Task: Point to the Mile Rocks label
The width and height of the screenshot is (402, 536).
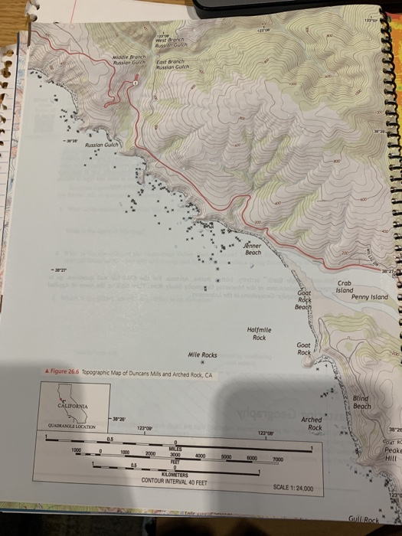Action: tap(203, 355)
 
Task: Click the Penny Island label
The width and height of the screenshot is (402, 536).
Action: tap(370, 297)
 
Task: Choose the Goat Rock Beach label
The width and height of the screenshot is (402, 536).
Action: tap(304, 300)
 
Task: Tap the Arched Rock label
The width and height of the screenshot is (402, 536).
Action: tap(312, 423)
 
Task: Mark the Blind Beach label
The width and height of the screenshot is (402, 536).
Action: tap(362, 403)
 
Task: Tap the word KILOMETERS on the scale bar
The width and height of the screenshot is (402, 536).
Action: tap(178, 475)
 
